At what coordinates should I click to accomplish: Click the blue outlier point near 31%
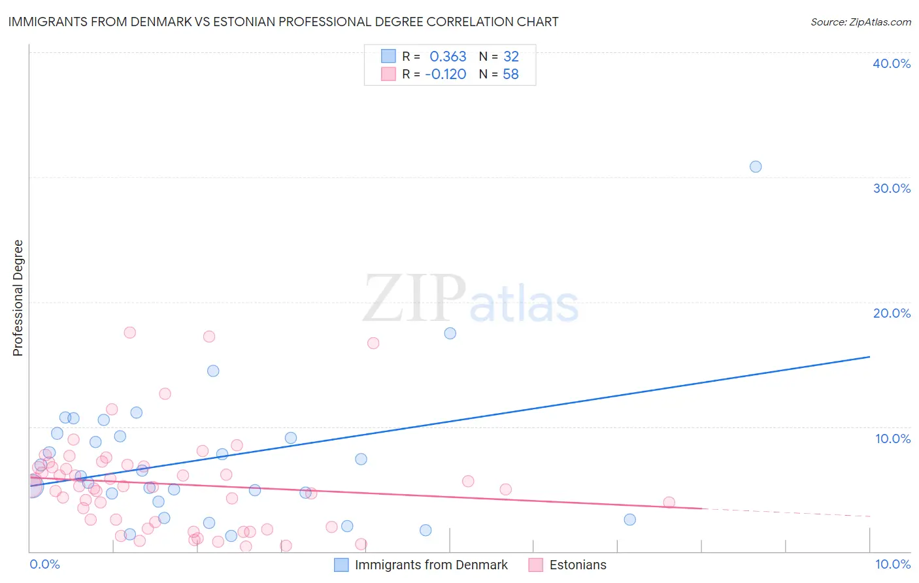755,167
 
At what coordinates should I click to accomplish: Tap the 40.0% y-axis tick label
891,63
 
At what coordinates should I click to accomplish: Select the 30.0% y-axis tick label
891,188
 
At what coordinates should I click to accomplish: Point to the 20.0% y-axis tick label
891,313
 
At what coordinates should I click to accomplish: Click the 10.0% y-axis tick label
892,439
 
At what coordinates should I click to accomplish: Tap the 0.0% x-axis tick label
44,564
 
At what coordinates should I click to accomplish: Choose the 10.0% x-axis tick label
892,564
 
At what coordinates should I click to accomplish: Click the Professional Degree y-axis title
18,298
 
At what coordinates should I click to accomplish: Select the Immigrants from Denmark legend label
431,565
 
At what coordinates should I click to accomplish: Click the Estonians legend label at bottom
578,565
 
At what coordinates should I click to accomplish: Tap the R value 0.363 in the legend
448,56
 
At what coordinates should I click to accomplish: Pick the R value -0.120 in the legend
445,75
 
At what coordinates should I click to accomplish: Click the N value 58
510,75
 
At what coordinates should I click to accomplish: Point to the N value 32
510,56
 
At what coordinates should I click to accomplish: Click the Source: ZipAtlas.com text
860,22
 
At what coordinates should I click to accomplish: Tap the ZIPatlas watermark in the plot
471,299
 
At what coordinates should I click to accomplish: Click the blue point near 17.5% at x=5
450,333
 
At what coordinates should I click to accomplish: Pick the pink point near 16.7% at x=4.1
373,343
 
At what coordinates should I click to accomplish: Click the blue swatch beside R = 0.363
388,56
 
